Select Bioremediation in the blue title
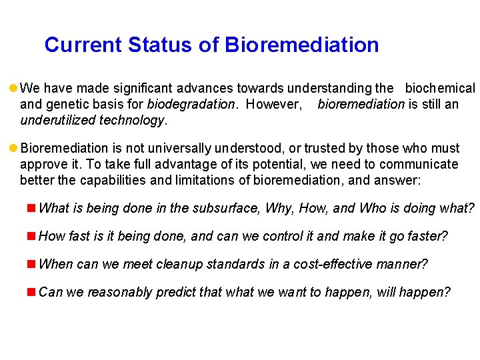(x=302, y=45)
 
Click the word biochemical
(x=440, y=89)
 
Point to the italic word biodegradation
(x=191, y=105)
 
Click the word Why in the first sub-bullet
(x=278, y=209)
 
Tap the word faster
(x=427, y=237)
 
